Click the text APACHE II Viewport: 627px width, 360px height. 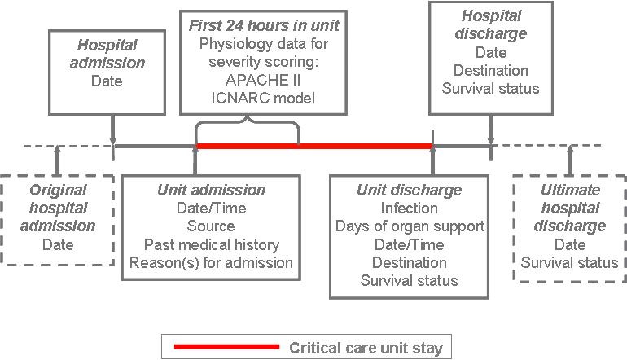(263, 80)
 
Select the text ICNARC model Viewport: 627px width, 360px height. (263, 99)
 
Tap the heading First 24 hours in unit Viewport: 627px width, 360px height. (264, 25)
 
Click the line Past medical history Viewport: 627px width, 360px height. (212, 244)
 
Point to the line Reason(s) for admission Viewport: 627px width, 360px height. (211, 263)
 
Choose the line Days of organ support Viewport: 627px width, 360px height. (410, 226)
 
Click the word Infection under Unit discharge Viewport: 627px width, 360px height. (409, 208)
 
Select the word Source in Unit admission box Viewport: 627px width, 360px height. (211, 226)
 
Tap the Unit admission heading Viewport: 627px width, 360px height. (211, 190)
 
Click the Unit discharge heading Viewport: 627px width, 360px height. (409, 190)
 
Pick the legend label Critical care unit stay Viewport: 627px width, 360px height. (366, 348)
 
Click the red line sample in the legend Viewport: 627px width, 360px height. (226, 347)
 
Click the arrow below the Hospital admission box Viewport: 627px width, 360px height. (113, 130)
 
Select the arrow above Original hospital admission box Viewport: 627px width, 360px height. (58, 160)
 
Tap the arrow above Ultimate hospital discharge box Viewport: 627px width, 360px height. (570, 160)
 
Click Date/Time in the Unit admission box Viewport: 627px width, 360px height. (211, 208)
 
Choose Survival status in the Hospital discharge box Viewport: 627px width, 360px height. (491, 89)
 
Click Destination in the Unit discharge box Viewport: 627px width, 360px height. (409, 263)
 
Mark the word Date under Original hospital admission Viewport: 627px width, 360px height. (58, 245)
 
